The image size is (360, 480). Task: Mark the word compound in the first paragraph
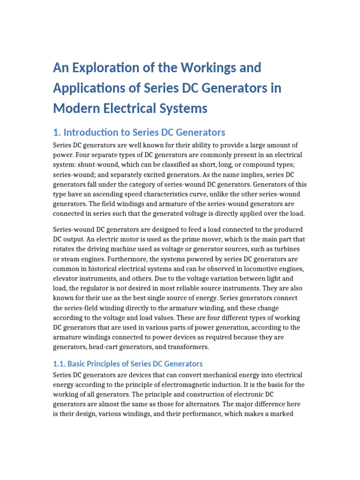(x=250, y=165)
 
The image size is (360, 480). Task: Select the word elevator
(x=67, y=278)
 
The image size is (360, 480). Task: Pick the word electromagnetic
(x=164, y=385)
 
